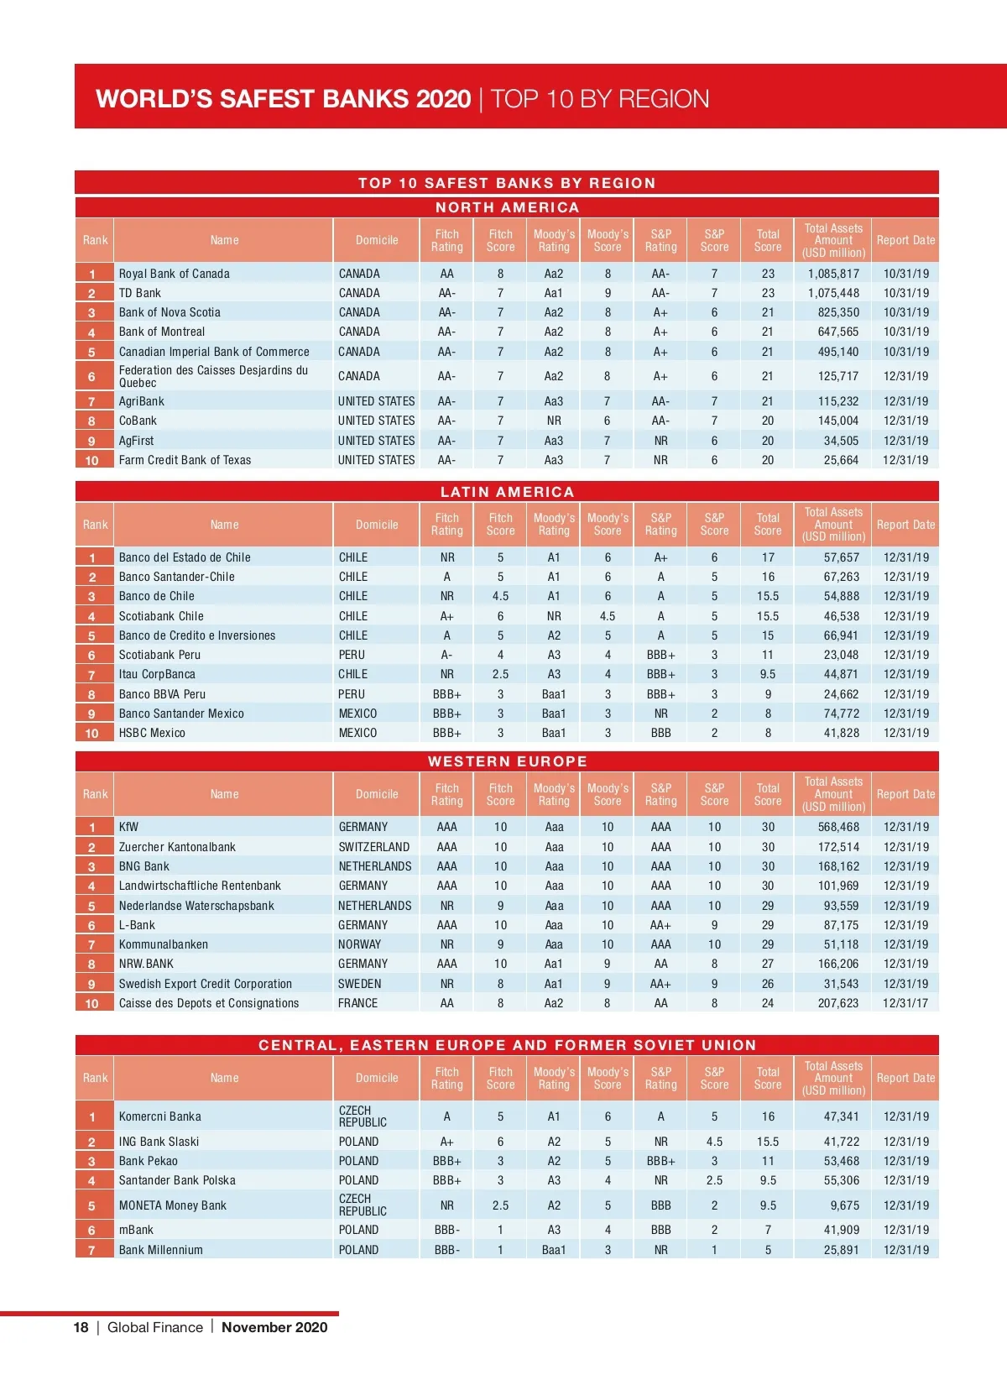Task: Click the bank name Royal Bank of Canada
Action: click(174, 274)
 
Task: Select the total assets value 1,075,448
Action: click(833, 293)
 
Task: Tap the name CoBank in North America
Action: click(138, 421)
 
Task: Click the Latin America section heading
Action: click(507, 492)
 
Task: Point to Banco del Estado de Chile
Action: click(185, 557)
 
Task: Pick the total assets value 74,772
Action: click(841, 714)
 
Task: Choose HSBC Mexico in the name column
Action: click(152, 733)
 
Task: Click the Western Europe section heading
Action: click(507, 761)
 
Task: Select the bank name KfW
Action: click(128, 827)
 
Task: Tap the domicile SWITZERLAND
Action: click(374, 847)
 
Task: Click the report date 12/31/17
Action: click(905, 1003)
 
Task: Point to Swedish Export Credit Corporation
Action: click(206, 984)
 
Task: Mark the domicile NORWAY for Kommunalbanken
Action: click(359, 944)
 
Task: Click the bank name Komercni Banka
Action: click(160, 1116)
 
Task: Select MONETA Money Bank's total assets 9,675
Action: click(844, 1205)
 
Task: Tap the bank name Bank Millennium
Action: click(161, 1250)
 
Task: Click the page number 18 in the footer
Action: click(81, 1327)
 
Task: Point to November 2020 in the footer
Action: click(274, 1327)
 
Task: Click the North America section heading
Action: click(507, 207)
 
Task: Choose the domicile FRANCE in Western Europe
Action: click(358, 1003)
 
